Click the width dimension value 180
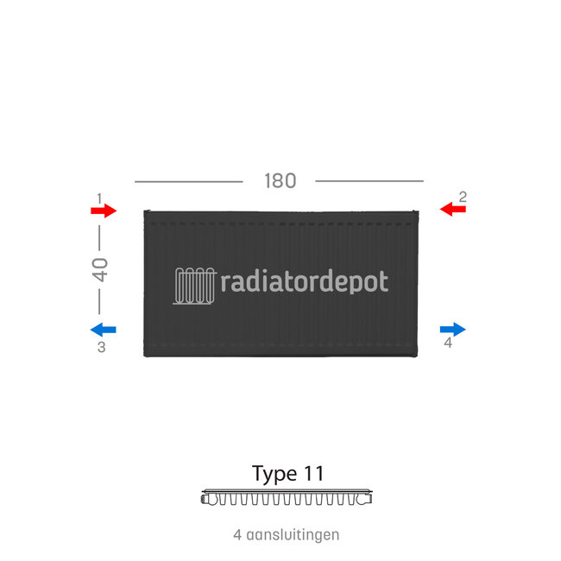(280, 181)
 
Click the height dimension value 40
(100, 269)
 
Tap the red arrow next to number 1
(104, 211)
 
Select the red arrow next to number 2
(452, 209)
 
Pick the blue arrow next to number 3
(104, 329)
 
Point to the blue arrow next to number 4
(452, 329)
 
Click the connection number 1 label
(99, 198)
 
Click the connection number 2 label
(463, 197)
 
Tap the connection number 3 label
(101, 348)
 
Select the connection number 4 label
(447, 344)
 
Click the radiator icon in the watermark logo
(195, 284)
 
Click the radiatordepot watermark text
(305, 282)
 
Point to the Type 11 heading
(287, 474)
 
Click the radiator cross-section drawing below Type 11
(287, 498)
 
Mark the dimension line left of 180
(188, 181)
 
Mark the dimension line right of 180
(369, 181)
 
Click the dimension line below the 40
(100, 301)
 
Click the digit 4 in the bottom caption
(237, 535)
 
